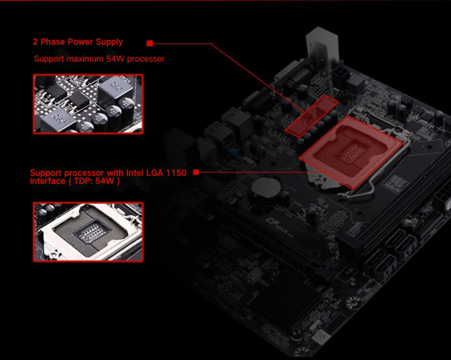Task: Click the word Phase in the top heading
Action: point(53,41)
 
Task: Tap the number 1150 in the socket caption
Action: point(176,173)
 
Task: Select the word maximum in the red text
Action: point(85,59)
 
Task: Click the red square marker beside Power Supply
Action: point(150,43)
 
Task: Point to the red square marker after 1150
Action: point(196,172)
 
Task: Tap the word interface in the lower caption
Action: point(47,181)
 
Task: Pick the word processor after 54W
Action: point(146,59)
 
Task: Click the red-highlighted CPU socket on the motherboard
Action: point(351,153)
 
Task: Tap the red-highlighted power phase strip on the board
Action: point(312,115)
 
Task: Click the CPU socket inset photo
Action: point(88,232)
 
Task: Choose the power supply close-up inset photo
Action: point(88,104)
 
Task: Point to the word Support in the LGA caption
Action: point(46,173)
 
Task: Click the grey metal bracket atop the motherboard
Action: point(322,46)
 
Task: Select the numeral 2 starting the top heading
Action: point(35,41)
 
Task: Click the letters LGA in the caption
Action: point(155,173)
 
